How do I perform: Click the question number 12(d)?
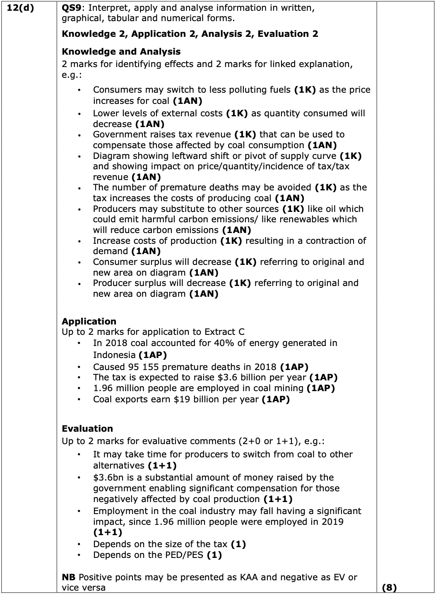pos(21,8)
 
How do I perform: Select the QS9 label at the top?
pos(71,8)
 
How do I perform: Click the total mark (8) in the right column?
pos(389,587)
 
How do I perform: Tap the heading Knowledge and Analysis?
pos(121,52)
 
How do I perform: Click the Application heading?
pos(89,321)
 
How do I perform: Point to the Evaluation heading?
pos(87,428)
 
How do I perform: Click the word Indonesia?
pos(114,355)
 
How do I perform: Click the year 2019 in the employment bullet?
pos(332,521)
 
